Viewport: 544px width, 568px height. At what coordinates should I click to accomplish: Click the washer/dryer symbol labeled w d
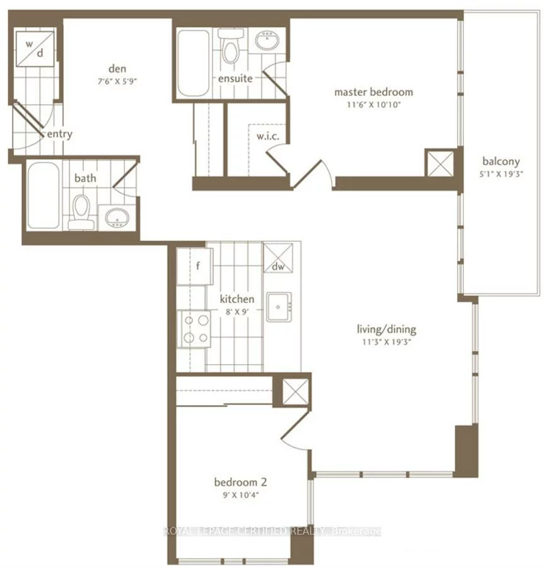click(35, 49)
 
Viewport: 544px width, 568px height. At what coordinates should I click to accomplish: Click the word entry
click(59, 134)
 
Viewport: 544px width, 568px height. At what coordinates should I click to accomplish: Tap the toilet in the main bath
click(81, 210)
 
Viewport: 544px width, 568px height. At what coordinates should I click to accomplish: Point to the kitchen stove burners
click(196, 329)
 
